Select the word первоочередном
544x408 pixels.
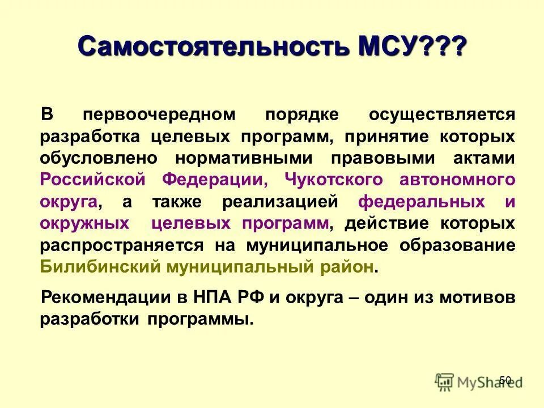pyautogui.click(x=167, y=115)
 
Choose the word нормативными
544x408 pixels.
pyautogui.click(x=242, y=158)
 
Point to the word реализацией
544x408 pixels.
pyautogui.click(x=288, y=202)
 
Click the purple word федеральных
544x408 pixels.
pyautogui.click(x=422, y=202)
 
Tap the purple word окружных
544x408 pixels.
pyautogui.click(x=84, y=223)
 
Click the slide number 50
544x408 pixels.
pyautogui.click(x=505, y=380)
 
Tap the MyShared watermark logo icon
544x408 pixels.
pyautogui.click(x=445, y=381)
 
